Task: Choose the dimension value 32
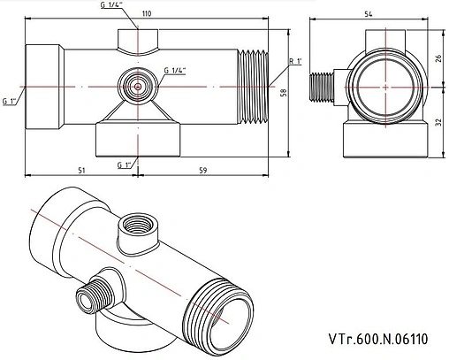pos(439,122)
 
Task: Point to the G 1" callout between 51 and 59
pos(125,165)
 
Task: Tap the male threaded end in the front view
pos(256,86)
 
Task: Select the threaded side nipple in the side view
pos(324,87)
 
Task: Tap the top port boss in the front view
pos(138,40)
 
